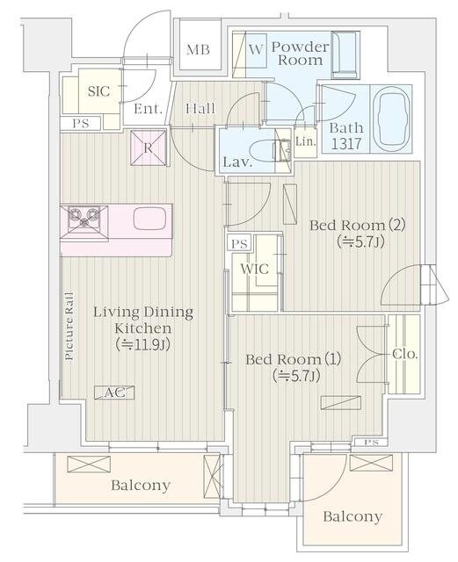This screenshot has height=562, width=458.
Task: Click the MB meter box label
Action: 198,49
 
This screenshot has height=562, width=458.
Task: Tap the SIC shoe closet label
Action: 98,91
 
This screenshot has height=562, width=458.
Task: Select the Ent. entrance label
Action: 148,109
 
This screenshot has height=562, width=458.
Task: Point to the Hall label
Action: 200,108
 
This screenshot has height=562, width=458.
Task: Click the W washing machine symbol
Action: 256,49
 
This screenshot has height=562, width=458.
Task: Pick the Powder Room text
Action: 300,53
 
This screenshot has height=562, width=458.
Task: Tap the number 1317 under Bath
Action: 346,144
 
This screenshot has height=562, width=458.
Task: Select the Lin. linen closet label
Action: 306,141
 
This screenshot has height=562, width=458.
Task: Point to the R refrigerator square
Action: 149,148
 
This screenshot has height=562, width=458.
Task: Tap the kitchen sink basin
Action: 149,219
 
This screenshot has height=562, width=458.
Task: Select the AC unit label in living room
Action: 114,393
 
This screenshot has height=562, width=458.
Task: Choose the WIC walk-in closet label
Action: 254,269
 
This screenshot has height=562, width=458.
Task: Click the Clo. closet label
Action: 405,354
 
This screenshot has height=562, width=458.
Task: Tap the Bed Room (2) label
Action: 358,226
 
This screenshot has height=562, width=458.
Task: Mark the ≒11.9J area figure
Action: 143,345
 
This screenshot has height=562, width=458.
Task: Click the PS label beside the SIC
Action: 81,123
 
